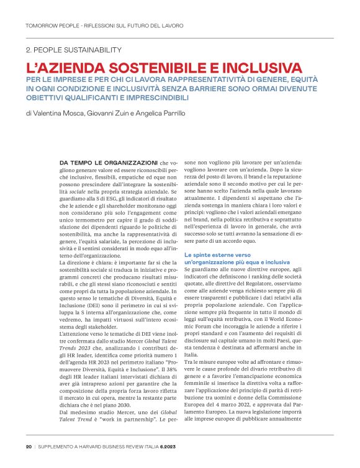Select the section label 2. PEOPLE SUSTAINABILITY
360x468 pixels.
pos(74,49)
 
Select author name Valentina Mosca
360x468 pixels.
pos(60,113)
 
